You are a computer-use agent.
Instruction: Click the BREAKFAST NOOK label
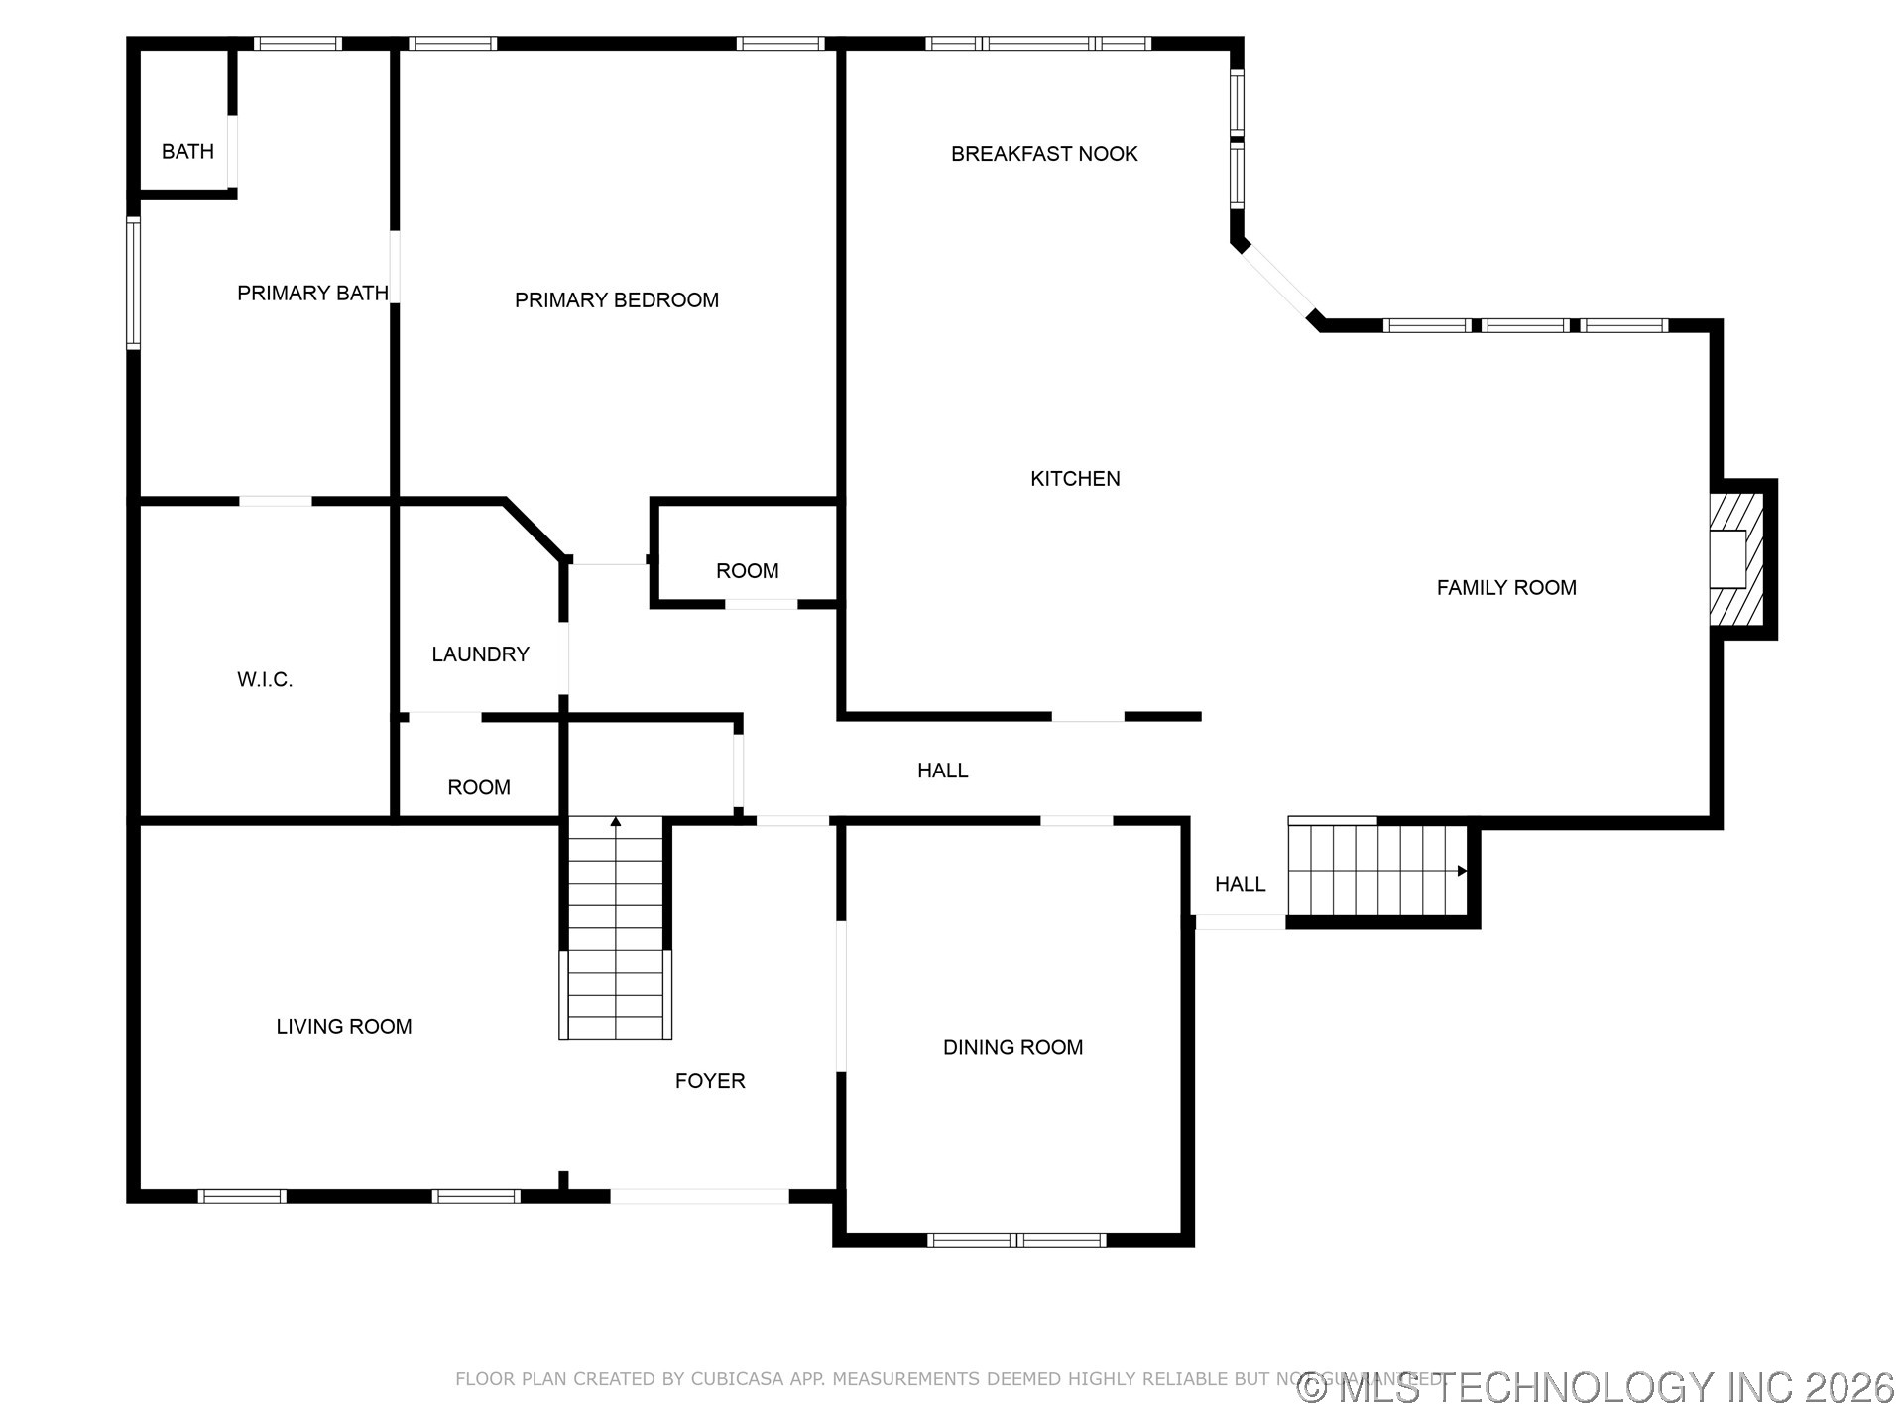pyautogui.click(x=1043, y=154)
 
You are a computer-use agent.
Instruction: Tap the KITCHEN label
pyautogui.click(x=1075, y=479)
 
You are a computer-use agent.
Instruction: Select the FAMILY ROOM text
pyautogui.click(x=1505, y=588)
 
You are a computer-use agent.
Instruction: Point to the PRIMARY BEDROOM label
pyautogui.click(x=616, y=300)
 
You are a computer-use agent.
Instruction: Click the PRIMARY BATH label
pyautogui.click(x=311, y=294)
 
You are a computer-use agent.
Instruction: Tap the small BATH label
pyautogui.click(x=187, y=152)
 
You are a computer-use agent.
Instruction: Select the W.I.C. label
pyautogui.click(x=265, y=680)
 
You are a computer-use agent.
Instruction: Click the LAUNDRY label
pyautogui.click(x=480, y=654)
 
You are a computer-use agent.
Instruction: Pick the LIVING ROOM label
pyautogui.click(x=343, y=1027)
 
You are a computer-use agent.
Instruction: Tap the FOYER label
pyautogui.click(x=709, y=1081)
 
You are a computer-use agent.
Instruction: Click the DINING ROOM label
pyautogui.click(x=1012, y=1048)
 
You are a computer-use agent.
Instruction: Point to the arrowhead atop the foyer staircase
pyautogui.click(x=615, y=821)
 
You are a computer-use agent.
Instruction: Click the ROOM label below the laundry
pyautogui.click(x=478, y=788)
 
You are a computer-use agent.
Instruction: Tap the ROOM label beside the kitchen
pyautogui.click(x=747, y=571)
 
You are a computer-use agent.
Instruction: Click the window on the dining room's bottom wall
pyautogui.click(x=1016, y=1240)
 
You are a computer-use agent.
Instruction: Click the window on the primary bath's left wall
pyautogui.click(x=133, y=284)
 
